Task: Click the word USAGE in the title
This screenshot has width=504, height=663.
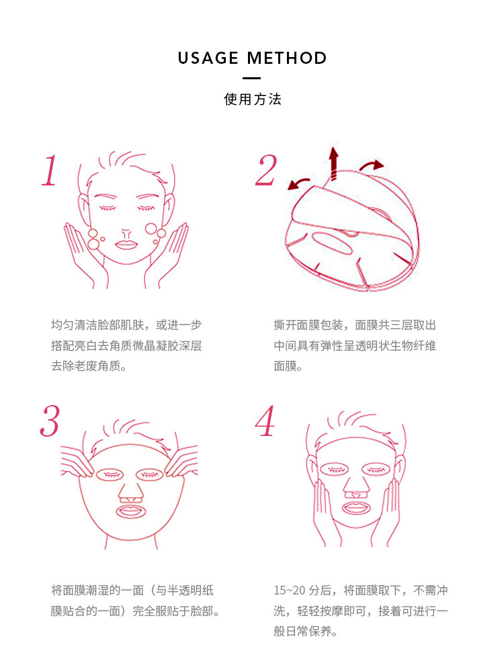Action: pos(208,58)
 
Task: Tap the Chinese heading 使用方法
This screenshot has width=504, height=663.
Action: pos(252,99)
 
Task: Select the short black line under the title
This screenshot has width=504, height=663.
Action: pos(252,79)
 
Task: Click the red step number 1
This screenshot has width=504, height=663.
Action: pos(49,171)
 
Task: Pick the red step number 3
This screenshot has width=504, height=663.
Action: pos(49,421)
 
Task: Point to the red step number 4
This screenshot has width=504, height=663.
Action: pos(265,421)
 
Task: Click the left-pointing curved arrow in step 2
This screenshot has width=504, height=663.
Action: pos(298,183)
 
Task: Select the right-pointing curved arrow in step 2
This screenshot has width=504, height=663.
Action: pos(370,165)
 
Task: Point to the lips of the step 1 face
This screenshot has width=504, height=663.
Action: pos(126,244)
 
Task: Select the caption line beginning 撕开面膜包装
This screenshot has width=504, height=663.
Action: pos(355,325)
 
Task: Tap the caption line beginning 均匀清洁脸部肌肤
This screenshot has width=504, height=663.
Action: pos(126,325)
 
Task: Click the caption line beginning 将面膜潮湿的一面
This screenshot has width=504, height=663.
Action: pos(132,590)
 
